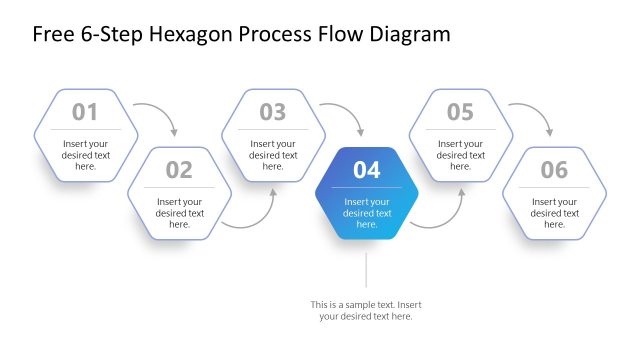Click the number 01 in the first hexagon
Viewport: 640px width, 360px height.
click(x=86, y=112)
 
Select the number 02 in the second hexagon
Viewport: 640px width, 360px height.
click(x=179, y=170)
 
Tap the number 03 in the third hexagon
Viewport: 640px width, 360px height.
click(x=273, y=112)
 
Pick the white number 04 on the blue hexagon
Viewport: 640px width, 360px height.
click(x=367, y=170)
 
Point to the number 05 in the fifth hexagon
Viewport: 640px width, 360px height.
click(x=460, y=112)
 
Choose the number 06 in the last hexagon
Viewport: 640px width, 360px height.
click(x=554, y=170)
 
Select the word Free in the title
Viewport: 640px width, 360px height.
click(x=53, y=35)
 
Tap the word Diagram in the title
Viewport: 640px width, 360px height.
click(x=408, y=35)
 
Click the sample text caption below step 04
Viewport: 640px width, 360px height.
click(x=366, y=310)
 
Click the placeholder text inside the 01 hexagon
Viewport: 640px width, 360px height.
click(x=86, y=155)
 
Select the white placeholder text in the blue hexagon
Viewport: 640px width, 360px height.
click(x=367, y=213)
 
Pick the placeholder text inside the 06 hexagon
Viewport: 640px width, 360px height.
click(x=554, y=213)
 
